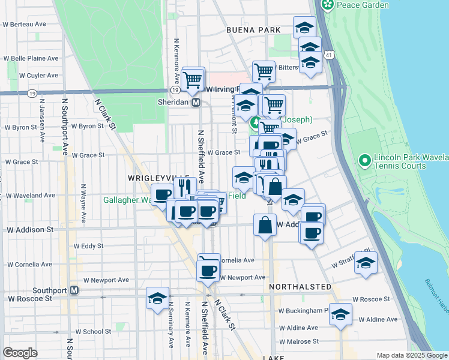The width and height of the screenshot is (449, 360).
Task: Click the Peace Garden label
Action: pyautogui.click(x=363, y=5)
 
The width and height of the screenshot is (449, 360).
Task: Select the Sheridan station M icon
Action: pyautogui.click(x=196, y=103)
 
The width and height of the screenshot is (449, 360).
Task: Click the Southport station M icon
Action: pyautogui.click(x=74, y=290)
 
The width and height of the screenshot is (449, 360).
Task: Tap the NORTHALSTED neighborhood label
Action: pyautogui.click(x=300, y=287)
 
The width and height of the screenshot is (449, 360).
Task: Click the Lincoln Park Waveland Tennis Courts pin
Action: pyautogui.click(x=364, y=161)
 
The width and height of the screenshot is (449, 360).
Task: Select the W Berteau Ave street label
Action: pyautogui.click(x=25, y=25)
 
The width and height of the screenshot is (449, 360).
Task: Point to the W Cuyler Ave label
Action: pyautogui.click(x=38, y=76)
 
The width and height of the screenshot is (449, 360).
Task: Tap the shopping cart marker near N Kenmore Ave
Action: pyautogui.click(x=193, y=79)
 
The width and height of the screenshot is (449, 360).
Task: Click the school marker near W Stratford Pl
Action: pyautogui.click(x=366, y=263)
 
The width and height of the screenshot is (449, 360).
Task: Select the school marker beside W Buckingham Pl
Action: pyautogui.click(x=340, y=314)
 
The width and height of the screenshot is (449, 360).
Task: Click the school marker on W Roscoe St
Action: pyautogui.click(x=157, y=298)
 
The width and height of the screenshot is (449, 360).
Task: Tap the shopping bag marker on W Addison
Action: pyautogui.click(x=265, y=226)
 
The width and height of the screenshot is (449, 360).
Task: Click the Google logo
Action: pyautogui.click(x=20, y=353)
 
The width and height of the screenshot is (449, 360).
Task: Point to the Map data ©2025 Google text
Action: pyautogui.click(x=411, y=355)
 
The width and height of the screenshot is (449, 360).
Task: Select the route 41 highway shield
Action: pyautogui.click(x=330, y=55)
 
